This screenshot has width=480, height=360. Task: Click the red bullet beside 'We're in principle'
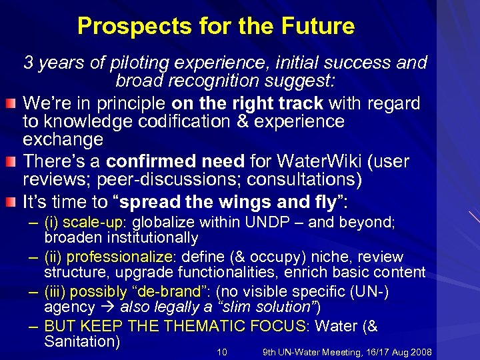(12, 104)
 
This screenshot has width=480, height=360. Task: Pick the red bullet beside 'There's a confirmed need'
(12, 162)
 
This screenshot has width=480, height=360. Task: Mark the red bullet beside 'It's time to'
(12, 202)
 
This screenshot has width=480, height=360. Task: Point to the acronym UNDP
(264, 223)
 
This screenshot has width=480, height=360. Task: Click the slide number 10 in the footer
(223, 352)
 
